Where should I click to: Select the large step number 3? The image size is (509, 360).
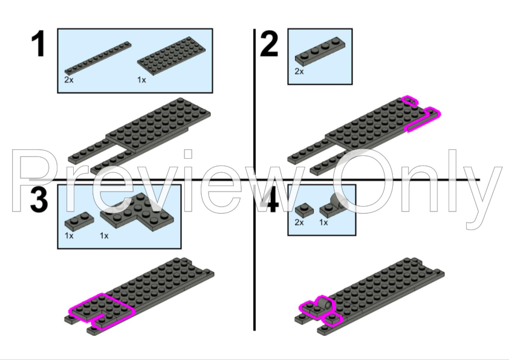[39, 199]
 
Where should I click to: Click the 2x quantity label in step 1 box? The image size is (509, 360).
[68, 80]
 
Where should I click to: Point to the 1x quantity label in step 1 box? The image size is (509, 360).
[141, 80]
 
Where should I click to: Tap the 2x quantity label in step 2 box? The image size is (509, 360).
[299, 71]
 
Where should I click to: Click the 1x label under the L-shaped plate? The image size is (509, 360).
[104, 236]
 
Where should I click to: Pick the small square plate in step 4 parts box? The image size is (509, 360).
[303, 209]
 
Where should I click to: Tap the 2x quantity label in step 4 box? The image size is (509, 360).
[299, 222]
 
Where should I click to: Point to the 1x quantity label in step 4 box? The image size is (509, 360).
[323, 222]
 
